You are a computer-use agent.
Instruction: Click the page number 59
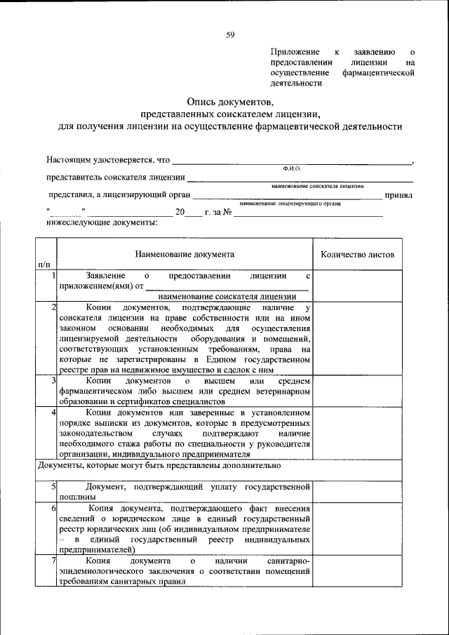tap(229, 34)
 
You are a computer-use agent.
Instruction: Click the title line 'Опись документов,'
tap(229, 102)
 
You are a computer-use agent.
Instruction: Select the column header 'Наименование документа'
tap(185, 255)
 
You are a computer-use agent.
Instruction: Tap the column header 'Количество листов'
tap(357, 255)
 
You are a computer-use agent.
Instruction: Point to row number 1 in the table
tap(53, 276)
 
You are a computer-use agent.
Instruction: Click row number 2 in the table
tap(53, 307)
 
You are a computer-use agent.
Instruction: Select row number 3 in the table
tap(53, 380)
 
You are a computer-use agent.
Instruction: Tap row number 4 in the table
tap(53, 412)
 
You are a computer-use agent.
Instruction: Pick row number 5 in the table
tap(53, 486)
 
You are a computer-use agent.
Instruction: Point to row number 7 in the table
tap(53, 561)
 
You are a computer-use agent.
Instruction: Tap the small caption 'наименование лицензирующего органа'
tap(290, 203)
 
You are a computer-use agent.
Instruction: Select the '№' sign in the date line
tap(227, 212)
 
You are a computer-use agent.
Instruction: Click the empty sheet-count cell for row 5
tap(357, 491)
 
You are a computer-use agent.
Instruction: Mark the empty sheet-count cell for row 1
tap(357, 286)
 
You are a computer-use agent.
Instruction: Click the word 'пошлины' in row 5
tap(75, 497)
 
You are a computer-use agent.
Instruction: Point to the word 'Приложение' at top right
tap(295, 52)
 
